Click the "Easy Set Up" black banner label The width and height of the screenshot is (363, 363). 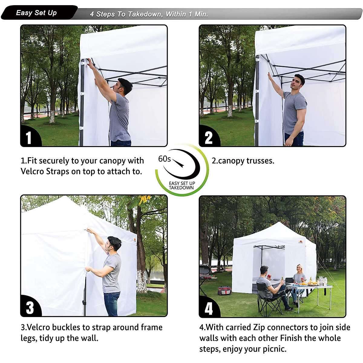(x=36, y=13)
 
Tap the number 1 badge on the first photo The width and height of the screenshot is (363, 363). (x=29, y=138)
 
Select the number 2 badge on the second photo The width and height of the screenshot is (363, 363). (x=208, y=138)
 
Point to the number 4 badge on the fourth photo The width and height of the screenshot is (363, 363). (x=209, y=308)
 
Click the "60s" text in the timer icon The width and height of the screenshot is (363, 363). (x=165, y=159)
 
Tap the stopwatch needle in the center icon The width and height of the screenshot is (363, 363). (x=178, y=163)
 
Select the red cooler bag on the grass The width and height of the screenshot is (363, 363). (x=224, y=291)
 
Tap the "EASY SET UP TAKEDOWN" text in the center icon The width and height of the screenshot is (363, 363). (x=182, y=185)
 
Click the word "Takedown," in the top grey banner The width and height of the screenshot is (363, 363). (x=145, y=14)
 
